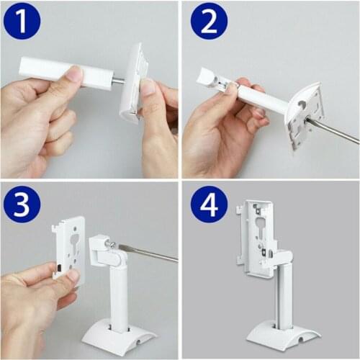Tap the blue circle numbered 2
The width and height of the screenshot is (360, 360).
point(209,22)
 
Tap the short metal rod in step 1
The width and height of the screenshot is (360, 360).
point(117,81)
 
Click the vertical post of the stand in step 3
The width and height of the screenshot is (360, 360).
point(118,295)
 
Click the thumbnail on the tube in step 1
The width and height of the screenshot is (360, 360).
point(73,73)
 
